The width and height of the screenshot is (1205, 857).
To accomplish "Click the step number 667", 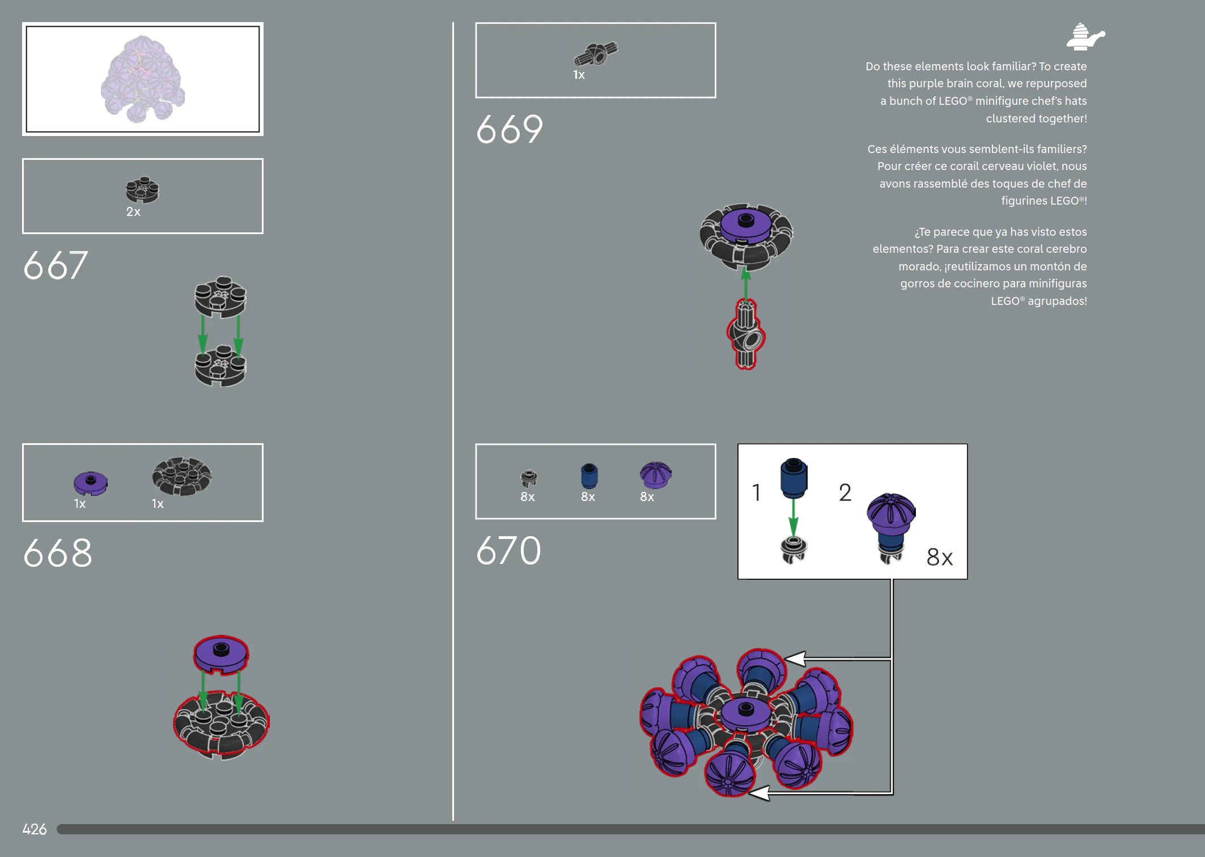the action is pyautogui.click(x=56, y=265).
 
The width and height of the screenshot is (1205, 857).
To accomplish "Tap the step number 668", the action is pyautogui.click(x=57, y=553).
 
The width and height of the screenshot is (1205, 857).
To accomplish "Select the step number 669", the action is pyautogui.click(x=510, y=129).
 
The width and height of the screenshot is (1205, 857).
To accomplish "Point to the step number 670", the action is pyautogui.click(x=508, y=550).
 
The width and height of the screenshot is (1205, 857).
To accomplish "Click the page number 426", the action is pyautogui.click(x=35, y=829).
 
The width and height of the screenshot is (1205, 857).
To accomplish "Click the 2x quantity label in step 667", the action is pyautogui.click(x=133, y=212).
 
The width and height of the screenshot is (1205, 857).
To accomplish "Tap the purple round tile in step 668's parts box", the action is pyautogui.click(x=90, y=483).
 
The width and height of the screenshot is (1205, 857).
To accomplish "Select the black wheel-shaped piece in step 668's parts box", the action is pyautogui.click(x=181, y=476).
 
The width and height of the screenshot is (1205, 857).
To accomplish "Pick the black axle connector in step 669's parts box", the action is pyautogui.click(x=596, y=54).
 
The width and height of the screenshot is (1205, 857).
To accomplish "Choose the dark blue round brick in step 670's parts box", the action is pyautogui.click(x=589, y=476).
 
